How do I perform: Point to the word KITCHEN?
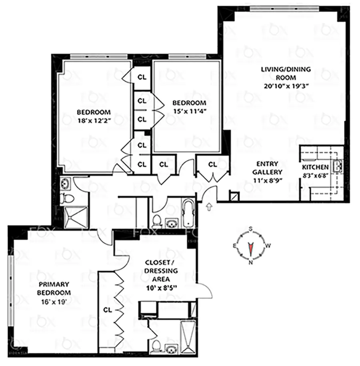point(315,167)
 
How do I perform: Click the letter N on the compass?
point(251,263)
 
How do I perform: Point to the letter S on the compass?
point(251,229)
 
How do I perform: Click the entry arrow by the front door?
point(208,206)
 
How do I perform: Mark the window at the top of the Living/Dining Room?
point(284,8)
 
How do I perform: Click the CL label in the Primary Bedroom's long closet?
point(107,309)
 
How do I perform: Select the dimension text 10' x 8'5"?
point(162,286)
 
